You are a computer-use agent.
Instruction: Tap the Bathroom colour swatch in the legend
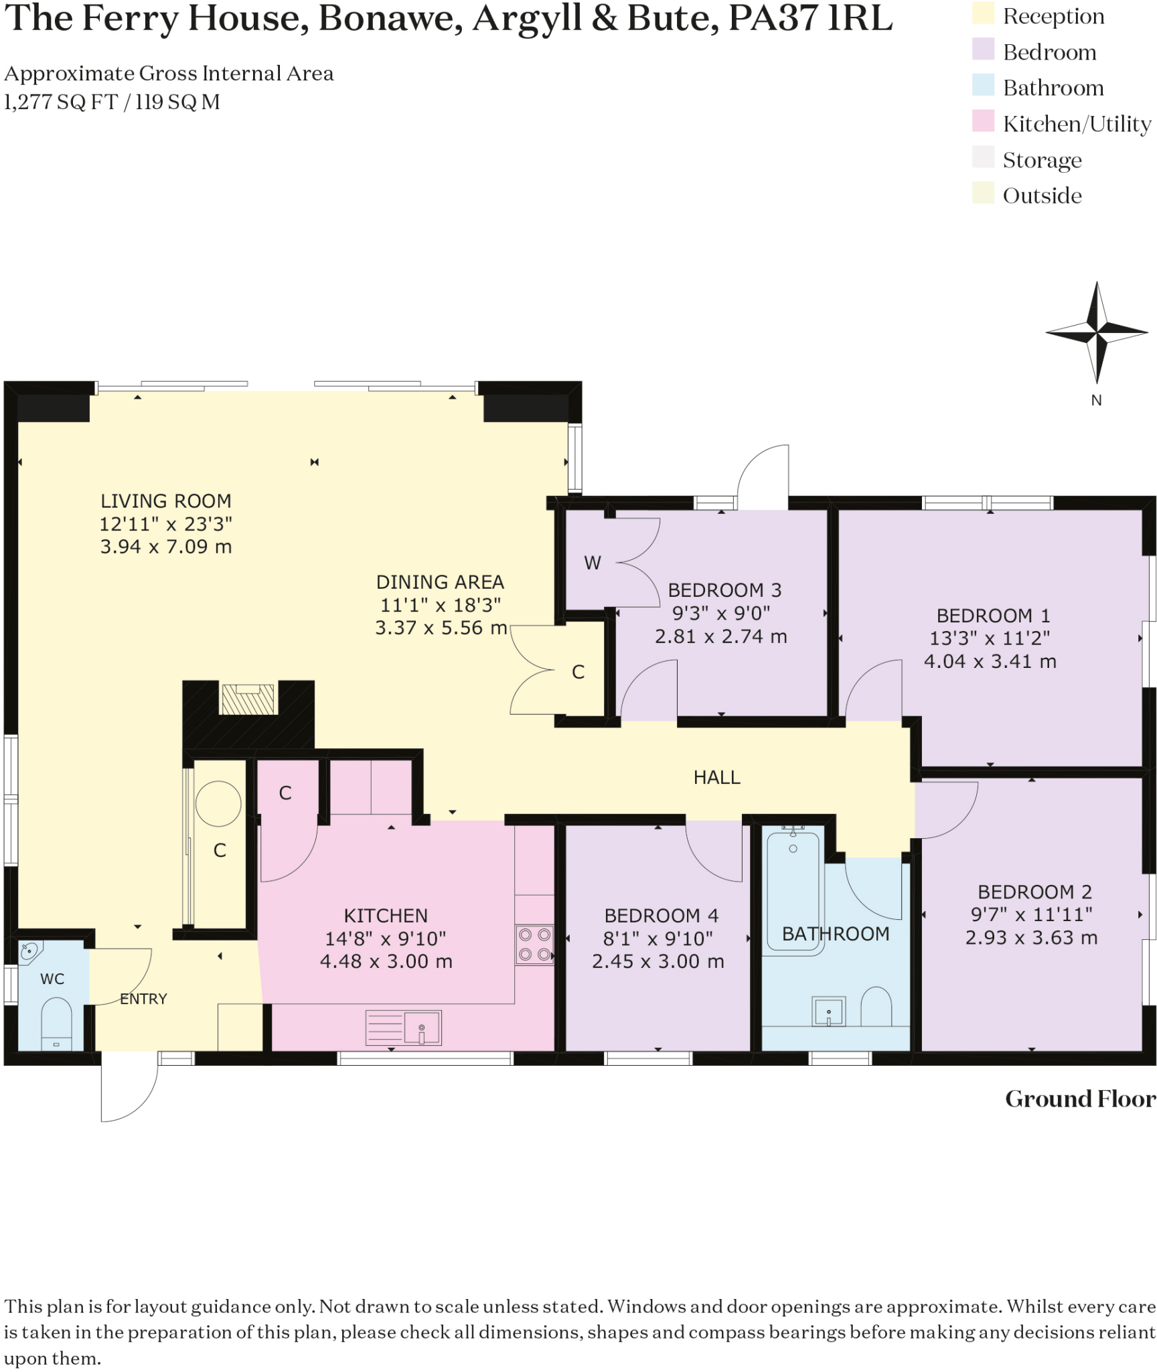pyautogui.click(x=983, y=87)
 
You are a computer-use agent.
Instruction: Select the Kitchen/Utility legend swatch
pyautogui.click(x=983, y=123)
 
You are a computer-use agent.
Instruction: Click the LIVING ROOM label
pyautogui.click(x=166, y=501)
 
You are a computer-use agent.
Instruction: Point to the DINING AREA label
pyautogui.click(x=440, y=582)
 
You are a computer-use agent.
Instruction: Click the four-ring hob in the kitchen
pyautogui.click(x=534, y=945)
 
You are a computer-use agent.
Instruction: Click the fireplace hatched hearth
pyautogui.click(x=248, y=699)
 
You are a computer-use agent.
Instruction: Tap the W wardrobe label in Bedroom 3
pyautogui.click(x=592, y=563)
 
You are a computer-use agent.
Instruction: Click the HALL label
pyautogui.click(x=716, y=777)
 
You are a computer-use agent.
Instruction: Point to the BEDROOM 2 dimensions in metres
pyautogui.click(x=1031, y=938)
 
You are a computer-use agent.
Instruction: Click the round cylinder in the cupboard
pyautogui.click(x=218, y=804)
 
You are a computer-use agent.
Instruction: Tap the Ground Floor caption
pyautogui.click(x=1079, y=1099)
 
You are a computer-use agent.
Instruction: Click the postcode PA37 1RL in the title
pyautogui.click(x=810, y=19)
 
